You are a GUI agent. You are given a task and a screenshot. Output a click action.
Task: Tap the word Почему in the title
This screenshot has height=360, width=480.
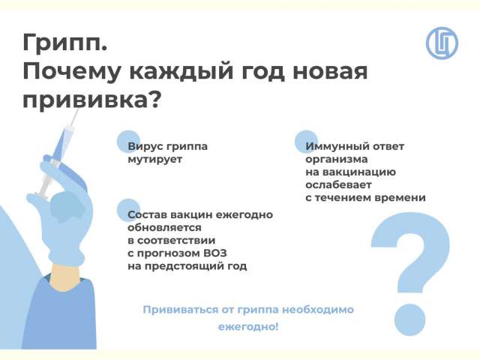coord(72,72)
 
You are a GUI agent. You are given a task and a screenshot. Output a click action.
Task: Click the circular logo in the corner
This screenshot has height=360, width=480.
coord(442,43)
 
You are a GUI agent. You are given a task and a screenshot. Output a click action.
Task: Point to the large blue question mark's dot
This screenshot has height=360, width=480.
coord(410,320)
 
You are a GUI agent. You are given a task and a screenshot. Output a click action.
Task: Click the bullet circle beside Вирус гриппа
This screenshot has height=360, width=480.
coord(129,142)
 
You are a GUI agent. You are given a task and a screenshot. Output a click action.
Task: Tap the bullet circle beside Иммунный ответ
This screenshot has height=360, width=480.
coord(307,142)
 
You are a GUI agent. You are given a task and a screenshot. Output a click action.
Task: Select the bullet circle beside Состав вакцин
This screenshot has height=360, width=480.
coord(129,210)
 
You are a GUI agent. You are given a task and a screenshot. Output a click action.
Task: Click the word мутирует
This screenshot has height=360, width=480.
coord(155,160)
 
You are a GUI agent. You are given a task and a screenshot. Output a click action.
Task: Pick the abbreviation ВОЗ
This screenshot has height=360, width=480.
coord(214,253)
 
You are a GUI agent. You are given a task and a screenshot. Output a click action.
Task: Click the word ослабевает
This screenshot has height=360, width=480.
coord(338,185)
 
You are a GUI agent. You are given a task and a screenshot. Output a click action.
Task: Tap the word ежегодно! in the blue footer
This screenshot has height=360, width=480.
coord(248,327)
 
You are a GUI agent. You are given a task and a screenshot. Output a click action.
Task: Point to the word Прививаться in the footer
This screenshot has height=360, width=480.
coord(181,310)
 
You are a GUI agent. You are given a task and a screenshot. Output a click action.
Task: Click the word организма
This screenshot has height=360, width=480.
coord(337,160)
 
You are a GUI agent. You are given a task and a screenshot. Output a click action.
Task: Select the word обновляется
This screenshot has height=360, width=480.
coord(164,228)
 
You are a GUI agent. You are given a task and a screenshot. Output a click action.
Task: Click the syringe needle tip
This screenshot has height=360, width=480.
coord(79,108)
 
